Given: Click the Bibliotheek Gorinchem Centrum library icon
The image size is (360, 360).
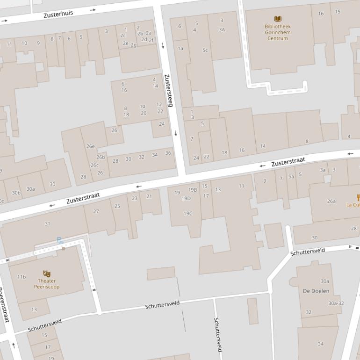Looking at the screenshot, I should tap(278, 19).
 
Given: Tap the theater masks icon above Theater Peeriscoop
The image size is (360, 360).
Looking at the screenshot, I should tap(47, 274).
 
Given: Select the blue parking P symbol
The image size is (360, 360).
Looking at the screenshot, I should tap(60, 240).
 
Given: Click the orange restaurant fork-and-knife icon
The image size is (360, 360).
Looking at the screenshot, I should tap(358, 197).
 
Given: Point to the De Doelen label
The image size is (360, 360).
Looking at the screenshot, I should tap(316, 291).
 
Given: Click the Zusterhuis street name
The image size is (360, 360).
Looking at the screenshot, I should tap(58, 14).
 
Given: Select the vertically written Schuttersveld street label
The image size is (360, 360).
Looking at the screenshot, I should tap(217, 334).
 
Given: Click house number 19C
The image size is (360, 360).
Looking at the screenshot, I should tap(187, 214).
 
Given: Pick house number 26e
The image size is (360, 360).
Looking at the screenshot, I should tap(90, 146).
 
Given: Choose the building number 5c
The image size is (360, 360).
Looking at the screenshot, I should tap(205, 50).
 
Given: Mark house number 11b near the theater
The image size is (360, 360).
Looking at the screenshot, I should tap(22, 277).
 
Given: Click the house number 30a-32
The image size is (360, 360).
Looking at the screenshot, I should tap(336, 303).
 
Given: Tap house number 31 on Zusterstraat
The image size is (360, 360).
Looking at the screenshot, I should tap(47, 224).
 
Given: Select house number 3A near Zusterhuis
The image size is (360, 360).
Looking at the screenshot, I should tap(222, 29).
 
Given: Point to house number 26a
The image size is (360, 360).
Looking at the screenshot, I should tap(331, 202).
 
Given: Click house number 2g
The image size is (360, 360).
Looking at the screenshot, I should tap(133, 45).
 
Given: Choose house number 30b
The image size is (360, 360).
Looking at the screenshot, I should tap(16, 193).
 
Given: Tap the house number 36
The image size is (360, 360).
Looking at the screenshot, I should tap(168, 153).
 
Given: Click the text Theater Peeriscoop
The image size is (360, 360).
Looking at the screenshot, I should tap(47, 284).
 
